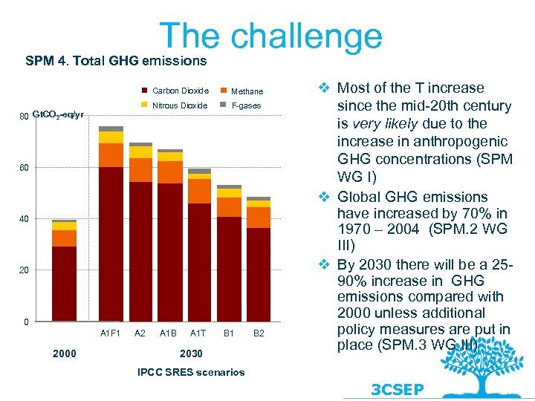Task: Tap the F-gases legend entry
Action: tap(246, 105)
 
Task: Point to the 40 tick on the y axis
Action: tap(25, 219)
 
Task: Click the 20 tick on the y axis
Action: tap(25, 270)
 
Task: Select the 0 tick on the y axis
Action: tap(26, 322)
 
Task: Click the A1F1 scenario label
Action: tap(110, 333)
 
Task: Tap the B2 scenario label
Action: tap(259, 333)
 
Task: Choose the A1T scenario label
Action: tap(198, 333)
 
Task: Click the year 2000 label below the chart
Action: tap(65, 353)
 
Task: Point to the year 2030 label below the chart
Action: tap(192, 353)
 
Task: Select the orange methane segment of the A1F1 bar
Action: tap(111, 154)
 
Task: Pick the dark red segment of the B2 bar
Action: tap(259, 275)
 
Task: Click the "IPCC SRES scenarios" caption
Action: tap(191, 372)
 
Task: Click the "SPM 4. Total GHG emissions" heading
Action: tap(116, 59)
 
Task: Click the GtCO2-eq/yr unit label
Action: tap(58, 115)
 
